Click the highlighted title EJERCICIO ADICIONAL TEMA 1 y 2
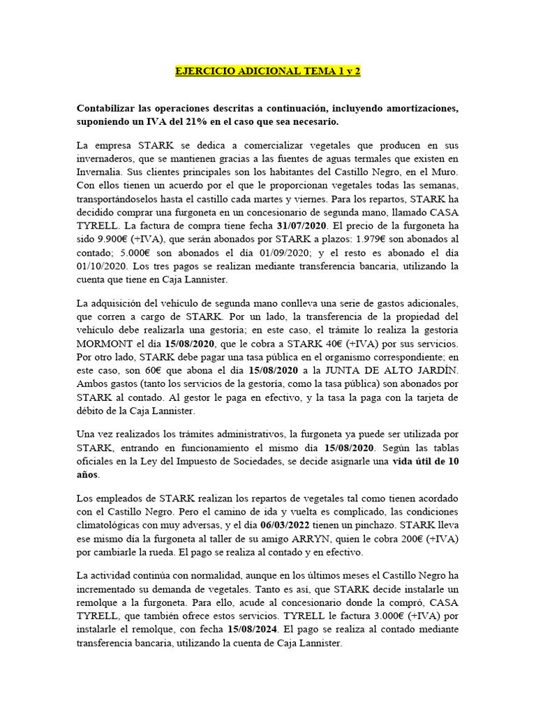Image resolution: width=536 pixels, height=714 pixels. [267, 71]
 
